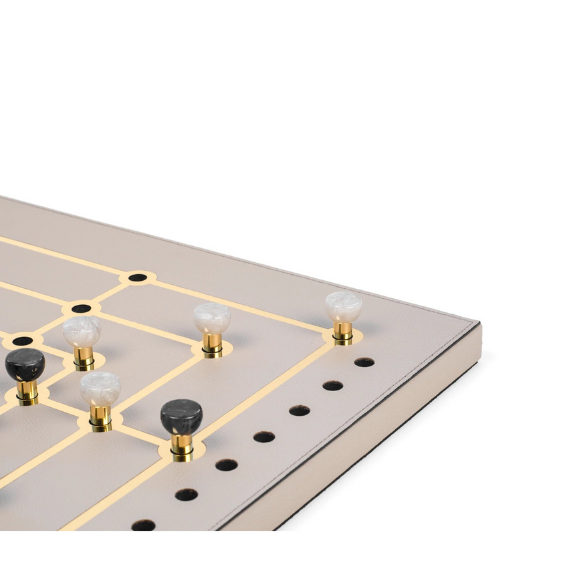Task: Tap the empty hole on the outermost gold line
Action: [x=138, y=277]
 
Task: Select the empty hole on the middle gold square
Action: [x=81, y=308]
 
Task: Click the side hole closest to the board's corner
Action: [x=364, y=362]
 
